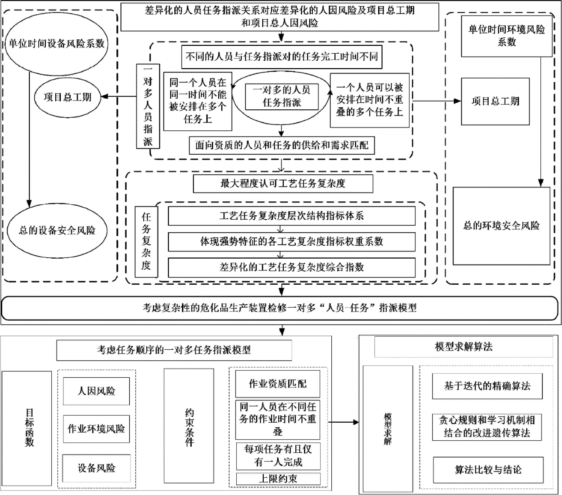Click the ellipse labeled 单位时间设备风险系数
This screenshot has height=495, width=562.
pos(56,44)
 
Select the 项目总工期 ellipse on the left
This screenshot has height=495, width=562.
pos(67,97)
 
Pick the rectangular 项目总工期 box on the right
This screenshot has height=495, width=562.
pos(495,101)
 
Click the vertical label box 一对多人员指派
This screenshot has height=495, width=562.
pos(148,106)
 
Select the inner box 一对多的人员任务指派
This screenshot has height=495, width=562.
pos(282,97)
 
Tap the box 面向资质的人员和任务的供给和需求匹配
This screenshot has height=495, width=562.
pos(282,145)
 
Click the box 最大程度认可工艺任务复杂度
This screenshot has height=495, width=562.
pos(283,184)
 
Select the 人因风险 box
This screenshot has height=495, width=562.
pos(96,391)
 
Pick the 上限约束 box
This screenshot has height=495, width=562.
pos(278,479)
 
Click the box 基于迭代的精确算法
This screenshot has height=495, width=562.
pos(487,386)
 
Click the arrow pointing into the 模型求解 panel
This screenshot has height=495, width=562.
pos(344,422)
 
